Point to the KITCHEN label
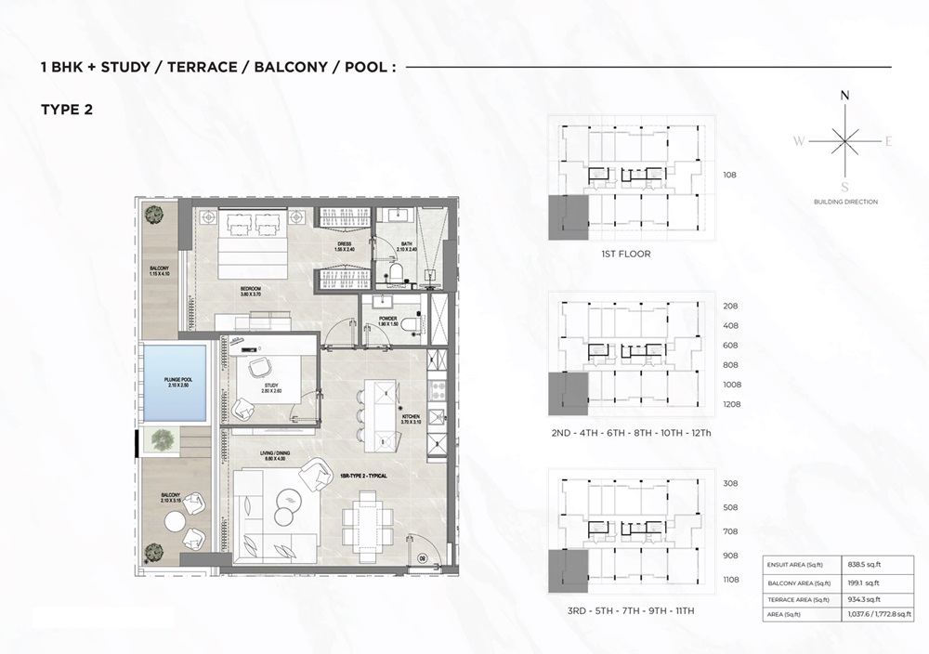pos(410,418)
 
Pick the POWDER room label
pos(388,320)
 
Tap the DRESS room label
pos(344,246)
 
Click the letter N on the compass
pos(844,96)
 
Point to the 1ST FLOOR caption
pos(626,254)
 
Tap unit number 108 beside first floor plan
pos(729,173)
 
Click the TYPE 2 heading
pos(67,109)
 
